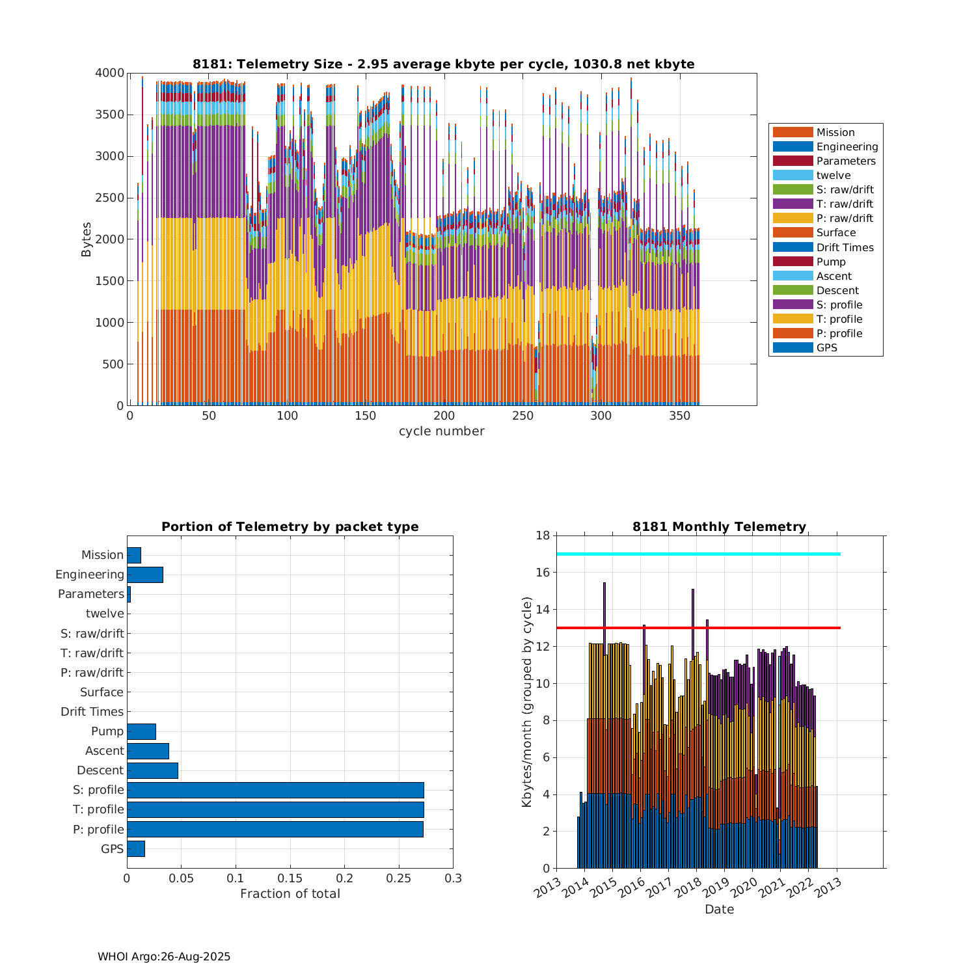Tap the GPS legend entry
826,348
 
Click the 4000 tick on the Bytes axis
110,73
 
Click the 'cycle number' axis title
441,431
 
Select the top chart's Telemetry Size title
443,64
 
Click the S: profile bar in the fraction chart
275,790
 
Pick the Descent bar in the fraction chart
152,770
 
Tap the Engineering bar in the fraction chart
144,575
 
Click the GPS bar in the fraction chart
135,848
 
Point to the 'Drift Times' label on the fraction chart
92,712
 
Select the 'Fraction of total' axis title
290,894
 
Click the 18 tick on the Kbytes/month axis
543,535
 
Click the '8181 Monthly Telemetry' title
719,527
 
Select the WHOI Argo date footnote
164,956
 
